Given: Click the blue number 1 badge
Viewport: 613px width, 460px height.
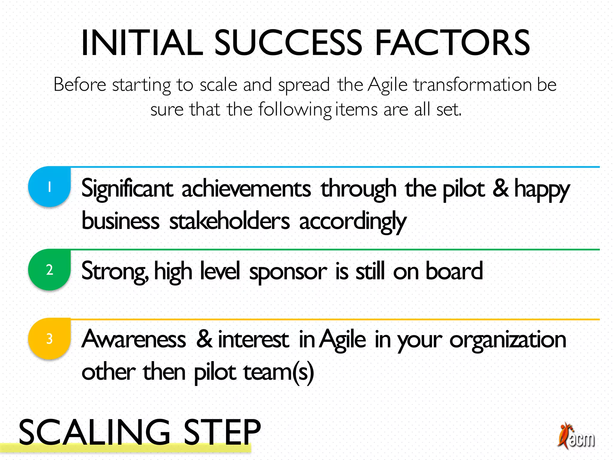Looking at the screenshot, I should point(49,187).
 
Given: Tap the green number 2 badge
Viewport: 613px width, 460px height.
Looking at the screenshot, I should point(49,270).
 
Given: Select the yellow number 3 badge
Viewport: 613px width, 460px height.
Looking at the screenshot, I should point(49,339).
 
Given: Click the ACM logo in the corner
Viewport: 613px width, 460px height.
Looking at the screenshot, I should point(576,436).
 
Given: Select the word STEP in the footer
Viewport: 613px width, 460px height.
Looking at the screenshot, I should point(222,432).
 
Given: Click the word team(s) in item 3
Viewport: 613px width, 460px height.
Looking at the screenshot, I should point(279,372).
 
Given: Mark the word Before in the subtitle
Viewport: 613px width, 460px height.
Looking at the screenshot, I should point(80,84).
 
